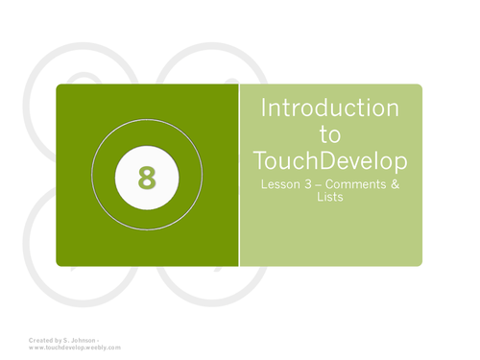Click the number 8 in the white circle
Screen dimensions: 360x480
[x=147, y=177]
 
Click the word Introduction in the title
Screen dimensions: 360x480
[x=329, y=108]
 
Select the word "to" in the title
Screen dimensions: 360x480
[x=329, y=133]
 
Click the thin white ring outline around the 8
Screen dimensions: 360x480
[x=147, y=122]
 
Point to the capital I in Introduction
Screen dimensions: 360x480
[x=264, y=108]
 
